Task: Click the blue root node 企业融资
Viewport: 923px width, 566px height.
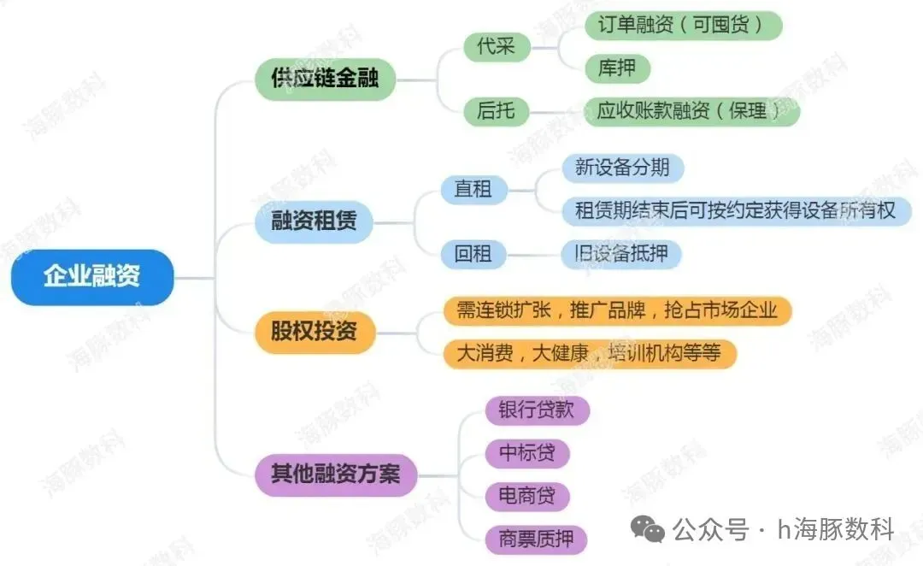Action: (x=92, y=276)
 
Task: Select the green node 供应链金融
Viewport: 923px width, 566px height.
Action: (x=326, y=79)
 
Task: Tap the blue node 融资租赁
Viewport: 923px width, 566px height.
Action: (x=315, y=221)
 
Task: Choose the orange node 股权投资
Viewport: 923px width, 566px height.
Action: (x=315, y=331)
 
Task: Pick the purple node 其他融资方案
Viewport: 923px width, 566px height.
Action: (x=336, y=473)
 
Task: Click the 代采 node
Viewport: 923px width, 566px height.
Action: (x=496, y=46)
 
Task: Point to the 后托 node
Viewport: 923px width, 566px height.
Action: (x=496, y=110)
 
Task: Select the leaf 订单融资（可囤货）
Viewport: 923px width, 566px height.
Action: (x=683, y=24)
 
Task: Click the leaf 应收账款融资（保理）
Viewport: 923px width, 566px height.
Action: (x=691, y=110)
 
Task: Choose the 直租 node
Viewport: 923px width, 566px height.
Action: (x=473, y=189)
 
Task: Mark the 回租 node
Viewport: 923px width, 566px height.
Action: (x=473, y=253)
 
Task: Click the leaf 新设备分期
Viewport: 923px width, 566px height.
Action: (x=622, y=167)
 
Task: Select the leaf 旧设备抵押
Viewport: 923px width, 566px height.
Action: (x=621, y=253)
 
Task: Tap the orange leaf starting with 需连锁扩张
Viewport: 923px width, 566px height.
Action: (x=617, y=310)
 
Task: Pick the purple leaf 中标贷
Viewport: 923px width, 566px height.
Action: (x=526, y=452)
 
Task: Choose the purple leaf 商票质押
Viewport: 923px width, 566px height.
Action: (x=537, y=539)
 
